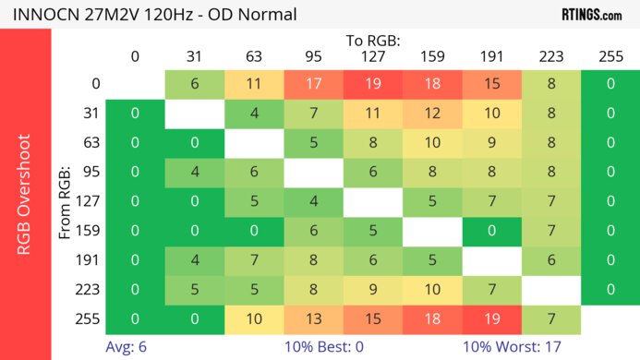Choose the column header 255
[x=610, y=57]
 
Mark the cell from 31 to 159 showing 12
[x=432, y=114]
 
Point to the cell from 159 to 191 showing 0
[x=491, y=230]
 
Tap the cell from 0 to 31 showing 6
[x=194, y=85]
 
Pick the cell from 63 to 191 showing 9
[x=491, y=143]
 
